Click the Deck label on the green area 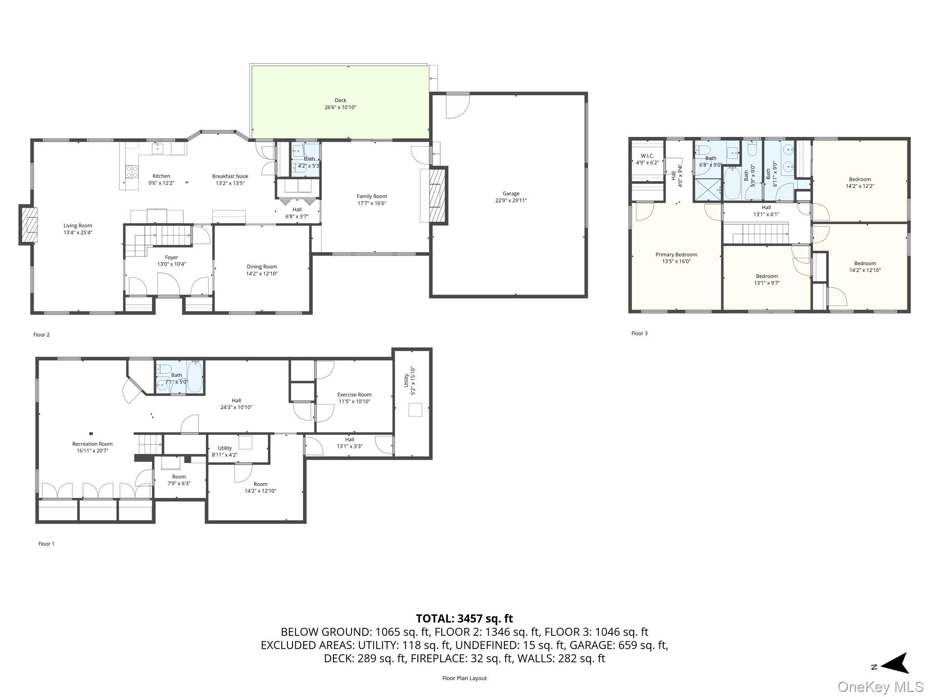(340, 100)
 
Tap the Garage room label (511, 193)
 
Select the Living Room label (78, 226)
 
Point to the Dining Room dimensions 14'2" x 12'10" (262, 274)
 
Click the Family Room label (372, 196)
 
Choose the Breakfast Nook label (230, 177)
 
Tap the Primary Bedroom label (676, 255)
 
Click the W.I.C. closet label (647, 156)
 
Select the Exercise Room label (354, 395)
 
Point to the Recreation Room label (93, 444)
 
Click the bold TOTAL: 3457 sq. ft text (464, 618)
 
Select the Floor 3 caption (640, 333)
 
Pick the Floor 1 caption (46, 544)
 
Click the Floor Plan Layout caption (464, 678)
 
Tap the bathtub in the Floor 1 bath (195, 376)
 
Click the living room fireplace (28, 225)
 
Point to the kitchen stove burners (132, 172)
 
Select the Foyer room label (171, 257)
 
